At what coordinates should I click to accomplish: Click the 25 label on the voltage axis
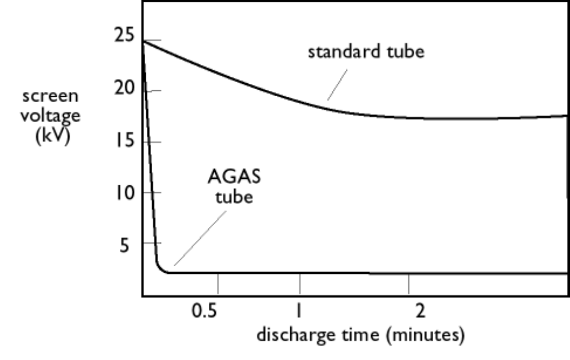(125, 36)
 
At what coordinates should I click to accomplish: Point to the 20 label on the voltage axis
(125, 89)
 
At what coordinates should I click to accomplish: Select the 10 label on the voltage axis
(125, 192)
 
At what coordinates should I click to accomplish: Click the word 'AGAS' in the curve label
(230, 176)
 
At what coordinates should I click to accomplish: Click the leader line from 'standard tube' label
(338, 85)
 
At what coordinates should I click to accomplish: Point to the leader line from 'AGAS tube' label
(200, 238)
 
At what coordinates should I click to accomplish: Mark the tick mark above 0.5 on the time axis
(218, 283)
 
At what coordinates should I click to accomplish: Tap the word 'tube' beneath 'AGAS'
(234, 196)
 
